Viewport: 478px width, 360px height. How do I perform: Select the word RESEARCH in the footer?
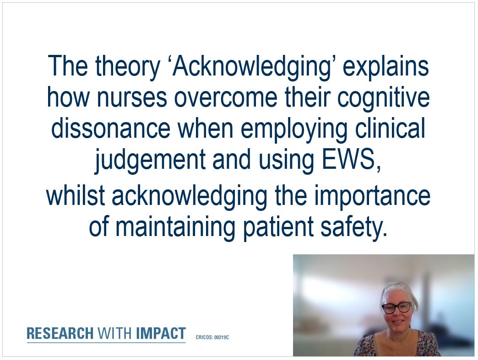coord(60,333)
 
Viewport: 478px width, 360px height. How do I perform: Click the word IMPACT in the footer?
coord(161,333)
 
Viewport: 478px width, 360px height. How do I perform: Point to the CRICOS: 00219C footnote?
coord(212,337)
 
